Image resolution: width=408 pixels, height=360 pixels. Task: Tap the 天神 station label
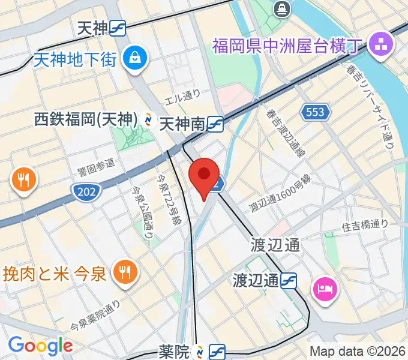pos(92,28)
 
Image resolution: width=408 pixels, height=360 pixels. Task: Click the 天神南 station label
pos(182,124)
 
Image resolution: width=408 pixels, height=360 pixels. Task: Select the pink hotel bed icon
pos(326,290)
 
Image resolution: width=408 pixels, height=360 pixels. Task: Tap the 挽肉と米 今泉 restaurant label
pos(55,274)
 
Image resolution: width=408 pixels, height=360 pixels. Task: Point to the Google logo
pos(40,345)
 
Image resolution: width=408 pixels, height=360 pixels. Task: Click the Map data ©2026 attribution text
pos(358,351)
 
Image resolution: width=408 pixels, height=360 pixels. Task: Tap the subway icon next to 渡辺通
pos(290,280)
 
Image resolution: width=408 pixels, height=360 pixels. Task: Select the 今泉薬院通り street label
pos(95,316)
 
